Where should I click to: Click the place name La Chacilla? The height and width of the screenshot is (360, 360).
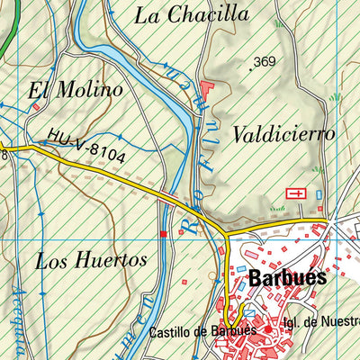click(191, 14)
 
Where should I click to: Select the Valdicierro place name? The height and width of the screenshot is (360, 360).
click(283, 134)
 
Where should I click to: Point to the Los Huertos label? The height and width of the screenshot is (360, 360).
click(91, 261)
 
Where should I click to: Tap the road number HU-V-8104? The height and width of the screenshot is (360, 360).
click(87, 150)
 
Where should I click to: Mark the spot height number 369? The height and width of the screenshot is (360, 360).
click(265, 62)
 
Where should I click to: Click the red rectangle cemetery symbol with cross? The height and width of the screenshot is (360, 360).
click(295, 193)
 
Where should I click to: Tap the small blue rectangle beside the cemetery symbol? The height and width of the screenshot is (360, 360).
click(318, 193)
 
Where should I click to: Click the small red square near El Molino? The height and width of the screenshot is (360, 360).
click(36, 107)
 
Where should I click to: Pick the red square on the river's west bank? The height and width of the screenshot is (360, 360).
click(163, 234)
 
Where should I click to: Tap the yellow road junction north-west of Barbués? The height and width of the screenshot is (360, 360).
click(228, 236)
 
